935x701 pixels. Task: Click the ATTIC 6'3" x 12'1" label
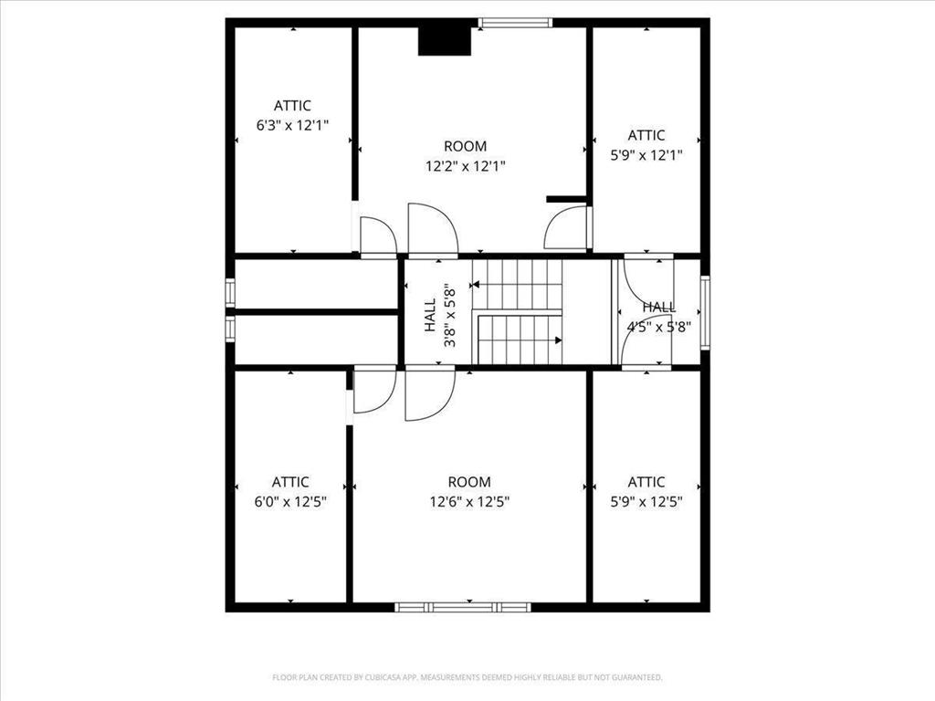point(292,116)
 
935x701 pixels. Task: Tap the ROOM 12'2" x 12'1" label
point(466,156)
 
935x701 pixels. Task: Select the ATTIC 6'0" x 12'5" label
point(290,491)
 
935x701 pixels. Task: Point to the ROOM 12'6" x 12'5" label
point(469,491)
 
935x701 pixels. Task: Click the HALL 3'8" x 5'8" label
point(438,315)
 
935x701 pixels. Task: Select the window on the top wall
point(516,23)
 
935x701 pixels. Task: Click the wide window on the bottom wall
point(462,606)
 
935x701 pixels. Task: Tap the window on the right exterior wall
point(705,313)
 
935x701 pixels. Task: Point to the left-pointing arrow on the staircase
point(477,286)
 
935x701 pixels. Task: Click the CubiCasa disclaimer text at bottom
point(467,677)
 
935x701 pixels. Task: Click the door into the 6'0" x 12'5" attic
point(373,391)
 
